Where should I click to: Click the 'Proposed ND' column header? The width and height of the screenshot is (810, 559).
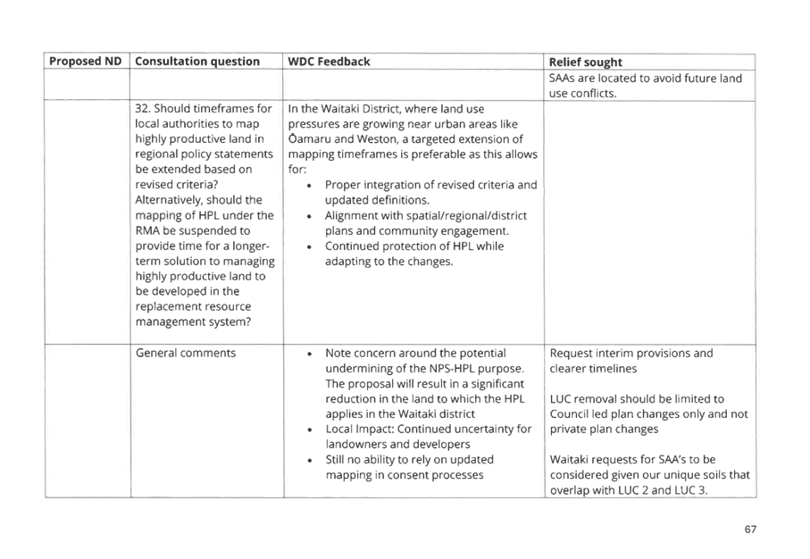coord(85,61)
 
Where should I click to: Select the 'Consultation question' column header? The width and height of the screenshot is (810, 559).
coord(197,61)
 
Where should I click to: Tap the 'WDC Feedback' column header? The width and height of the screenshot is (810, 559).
coord(329,62)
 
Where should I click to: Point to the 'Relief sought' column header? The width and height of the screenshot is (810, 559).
coord(585,62)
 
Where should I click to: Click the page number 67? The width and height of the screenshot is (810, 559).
coord(750,529)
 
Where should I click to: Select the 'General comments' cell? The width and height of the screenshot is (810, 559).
coord(186,353)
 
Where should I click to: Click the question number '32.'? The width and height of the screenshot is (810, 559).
coord(143,108)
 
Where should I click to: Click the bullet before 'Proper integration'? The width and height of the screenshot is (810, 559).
coord(309,186)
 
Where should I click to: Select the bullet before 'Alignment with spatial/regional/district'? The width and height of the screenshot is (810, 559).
coord(309,216)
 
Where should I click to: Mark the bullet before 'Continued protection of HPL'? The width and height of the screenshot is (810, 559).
coord(309,247)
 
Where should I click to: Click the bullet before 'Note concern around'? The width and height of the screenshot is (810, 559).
coord(309,354)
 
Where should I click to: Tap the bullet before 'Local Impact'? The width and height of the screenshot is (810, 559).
coord(309,430)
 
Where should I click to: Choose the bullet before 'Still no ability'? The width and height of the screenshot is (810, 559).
coord(309,460)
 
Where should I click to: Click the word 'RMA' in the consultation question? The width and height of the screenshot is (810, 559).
coord(147,230)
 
